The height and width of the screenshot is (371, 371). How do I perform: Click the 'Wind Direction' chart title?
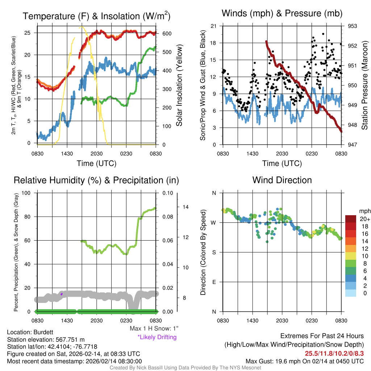pyautogui.click(x=282, y=180)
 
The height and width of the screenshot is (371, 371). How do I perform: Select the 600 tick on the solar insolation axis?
pyautogui.click(x=167, y=33)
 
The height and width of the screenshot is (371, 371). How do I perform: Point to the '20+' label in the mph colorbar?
pyautogui.click(x=364, y=219)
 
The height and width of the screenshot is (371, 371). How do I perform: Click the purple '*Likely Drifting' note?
pyautogui.click(x=157, y=337)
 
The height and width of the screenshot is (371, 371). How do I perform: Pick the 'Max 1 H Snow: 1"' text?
pyautogui.click(x=154, y=329)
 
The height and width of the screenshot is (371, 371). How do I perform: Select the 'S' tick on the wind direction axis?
pyautogui.click(x=214, y=252)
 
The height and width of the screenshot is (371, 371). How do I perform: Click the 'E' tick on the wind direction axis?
pyautogui.click(x=214, y=282)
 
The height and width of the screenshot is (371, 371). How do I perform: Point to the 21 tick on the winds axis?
pyautogui.click(x=214, y=26)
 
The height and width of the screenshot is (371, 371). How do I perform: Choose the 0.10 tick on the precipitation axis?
pyautogui.click(x=167, y=193)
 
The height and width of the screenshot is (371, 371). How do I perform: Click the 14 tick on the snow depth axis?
pyautogui.click(x=186, y=207)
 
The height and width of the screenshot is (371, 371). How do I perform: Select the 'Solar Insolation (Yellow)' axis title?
pyautogui.click(x=179, y=86)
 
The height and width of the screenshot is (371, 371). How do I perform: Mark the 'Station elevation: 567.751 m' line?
pyautogui.click(x=46, y=339)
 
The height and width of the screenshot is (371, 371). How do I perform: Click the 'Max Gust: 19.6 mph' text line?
pyautogui.click(x=304, y=361)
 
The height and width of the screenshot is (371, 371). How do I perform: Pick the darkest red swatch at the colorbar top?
pyautogui.click(x=351, y=219)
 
